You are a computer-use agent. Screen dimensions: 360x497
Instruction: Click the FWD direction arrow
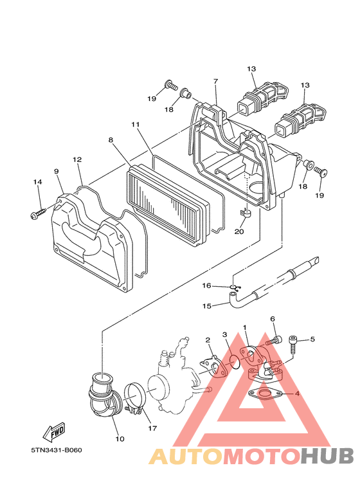[x=54, y=431]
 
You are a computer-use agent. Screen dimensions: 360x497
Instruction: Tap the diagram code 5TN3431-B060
[x=57, y=450]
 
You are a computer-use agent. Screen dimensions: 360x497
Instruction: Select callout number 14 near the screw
[x=38, y=182]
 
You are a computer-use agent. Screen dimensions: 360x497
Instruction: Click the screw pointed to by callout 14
[x=38, y=213]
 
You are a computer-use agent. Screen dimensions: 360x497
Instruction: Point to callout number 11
[x=135, y=125]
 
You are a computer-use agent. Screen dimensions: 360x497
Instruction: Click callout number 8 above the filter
[x=111, y=140]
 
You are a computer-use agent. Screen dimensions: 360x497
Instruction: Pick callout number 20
[x=239, y=231]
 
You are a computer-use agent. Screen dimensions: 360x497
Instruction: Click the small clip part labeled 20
[x=244, y=213]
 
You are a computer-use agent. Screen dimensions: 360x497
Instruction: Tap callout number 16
[x=206, y=286]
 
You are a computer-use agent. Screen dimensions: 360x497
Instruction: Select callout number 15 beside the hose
[x=206, y=306]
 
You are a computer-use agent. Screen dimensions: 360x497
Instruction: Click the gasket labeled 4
[x=265, y=394]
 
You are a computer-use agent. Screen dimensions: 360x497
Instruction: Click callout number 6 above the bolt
[x=273, y=319]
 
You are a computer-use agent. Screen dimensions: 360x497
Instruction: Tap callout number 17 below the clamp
[x=152, y=428]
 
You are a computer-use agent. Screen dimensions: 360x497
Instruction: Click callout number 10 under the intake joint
[x=120, y=439]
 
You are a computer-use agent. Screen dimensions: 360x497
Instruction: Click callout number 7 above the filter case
[x=216, y=82]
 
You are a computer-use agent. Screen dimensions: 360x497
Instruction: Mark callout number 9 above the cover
[x=57, y=172]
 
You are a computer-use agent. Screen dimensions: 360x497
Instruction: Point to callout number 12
[x=77, y=159]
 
